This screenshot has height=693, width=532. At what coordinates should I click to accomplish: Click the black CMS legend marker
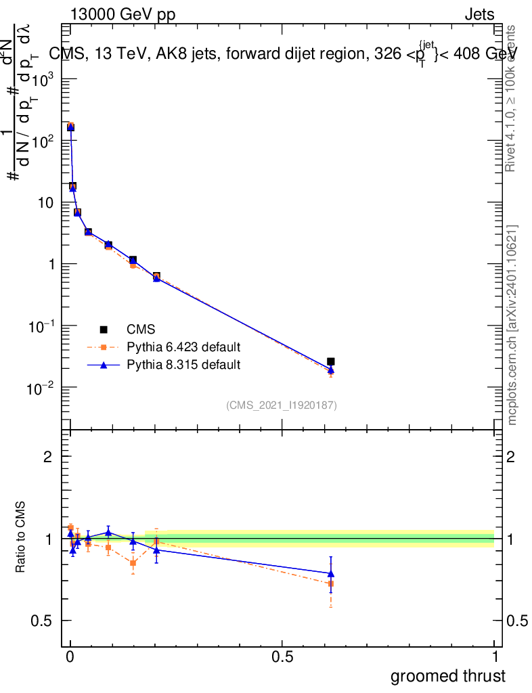point(104,330)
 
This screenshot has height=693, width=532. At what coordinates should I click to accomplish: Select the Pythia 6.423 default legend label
point(183,347)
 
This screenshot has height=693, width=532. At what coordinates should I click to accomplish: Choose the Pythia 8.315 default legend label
point(183,365)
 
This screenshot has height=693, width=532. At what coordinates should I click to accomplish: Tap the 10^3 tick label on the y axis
point(43,79)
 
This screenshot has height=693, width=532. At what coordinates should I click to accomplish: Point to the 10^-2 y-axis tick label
point(41,388)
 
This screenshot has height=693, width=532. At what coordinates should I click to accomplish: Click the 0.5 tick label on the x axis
point(282,657)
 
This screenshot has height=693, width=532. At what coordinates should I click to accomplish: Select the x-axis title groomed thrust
point(447,676)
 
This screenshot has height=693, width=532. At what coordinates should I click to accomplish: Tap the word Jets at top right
point(479,14)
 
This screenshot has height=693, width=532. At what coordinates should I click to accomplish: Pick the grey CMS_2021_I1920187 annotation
point(282,405)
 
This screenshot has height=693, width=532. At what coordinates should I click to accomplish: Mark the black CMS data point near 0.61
point(330,362)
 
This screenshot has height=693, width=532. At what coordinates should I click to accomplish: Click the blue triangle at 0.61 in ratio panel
point(331,573)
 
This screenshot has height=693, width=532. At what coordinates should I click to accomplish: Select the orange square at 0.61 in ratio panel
point(331,583)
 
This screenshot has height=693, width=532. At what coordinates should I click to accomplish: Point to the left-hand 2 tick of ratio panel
point(48,457)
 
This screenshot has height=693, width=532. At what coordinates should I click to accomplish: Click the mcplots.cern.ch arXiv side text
point(512,325)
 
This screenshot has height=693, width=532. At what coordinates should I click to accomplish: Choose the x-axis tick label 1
point(494,657)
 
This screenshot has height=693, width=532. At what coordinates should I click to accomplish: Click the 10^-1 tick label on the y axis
point(41,326)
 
